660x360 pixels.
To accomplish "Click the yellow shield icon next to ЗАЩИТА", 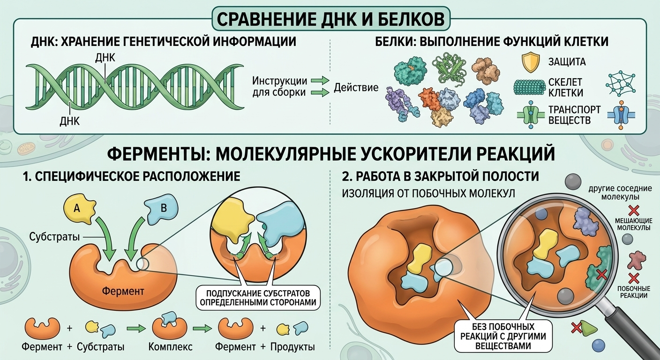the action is point(531,62).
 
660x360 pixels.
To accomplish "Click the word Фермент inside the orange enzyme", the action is point(123,292).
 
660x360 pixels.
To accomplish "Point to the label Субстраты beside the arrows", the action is point(54,237).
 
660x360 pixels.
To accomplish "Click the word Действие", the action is point(356,88).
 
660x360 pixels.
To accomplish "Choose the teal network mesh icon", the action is point(620,83).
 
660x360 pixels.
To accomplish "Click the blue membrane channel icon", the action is point(621,115).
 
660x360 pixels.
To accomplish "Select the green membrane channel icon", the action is point(531,115).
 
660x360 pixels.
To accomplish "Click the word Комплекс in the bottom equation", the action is point(170,347).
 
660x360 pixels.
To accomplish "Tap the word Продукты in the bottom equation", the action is point(292,347).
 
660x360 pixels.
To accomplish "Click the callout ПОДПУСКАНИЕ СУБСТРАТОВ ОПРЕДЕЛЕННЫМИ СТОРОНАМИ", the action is point(258,298).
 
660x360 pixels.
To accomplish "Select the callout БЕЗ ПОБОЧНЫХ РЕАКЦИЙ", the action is point(503,336).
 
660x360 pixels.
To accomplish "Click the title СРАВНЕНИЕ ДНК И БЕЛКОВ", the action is point(330,19).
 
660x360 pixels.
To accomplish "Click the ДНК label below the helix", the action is point(69,121).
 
